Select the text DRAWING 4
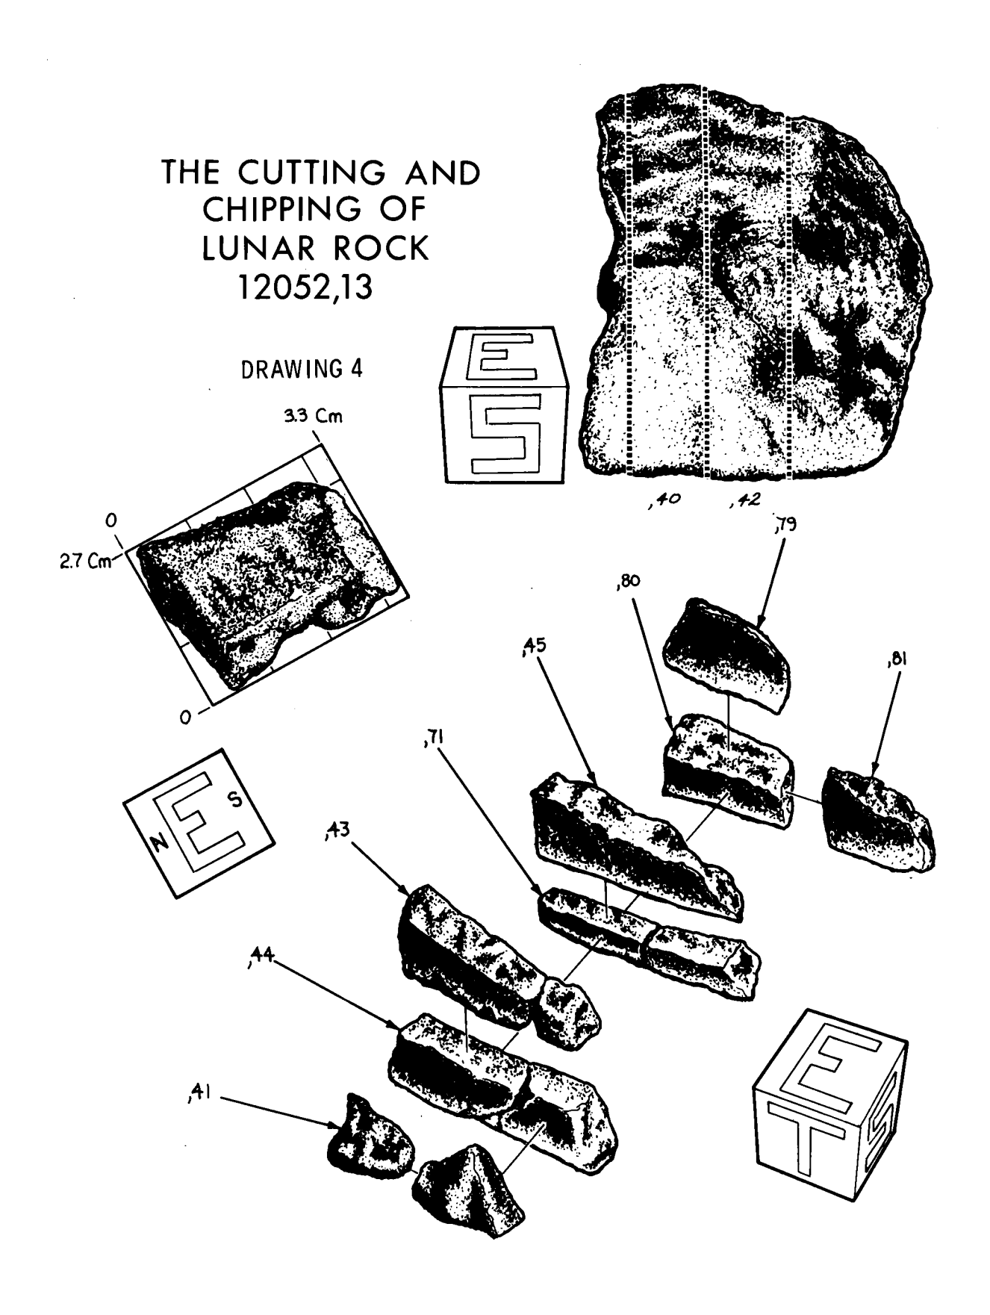(302, 369)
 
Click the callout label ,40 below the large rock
(664, 501)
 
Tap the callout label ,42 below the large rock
(742, 501)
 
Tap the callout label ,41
(199, 1097)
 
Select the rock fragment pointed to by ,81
(877, 821)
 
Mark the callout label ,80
(629, 581)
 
